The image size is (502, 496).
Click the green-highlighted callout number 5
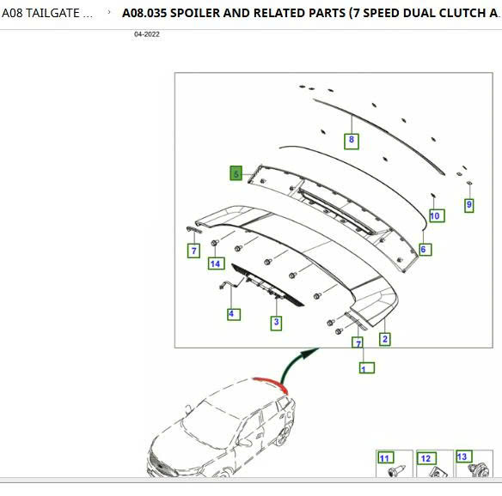[236, 173]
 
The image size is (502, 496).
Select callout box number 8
[352, 142]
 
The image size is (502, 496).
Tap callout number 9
[469, 205]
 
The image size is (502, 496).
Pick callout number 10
[437, 215]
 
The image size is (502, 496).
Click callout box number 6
[425, 250]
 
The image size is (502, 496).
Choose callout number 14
[216, 263]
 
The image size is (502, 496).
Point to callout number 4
[234, 314]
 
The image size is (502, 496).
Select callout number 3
[276, 323]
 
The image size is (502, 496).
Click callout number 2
[384, 340]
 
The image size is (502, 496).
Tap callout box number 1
[366, 368]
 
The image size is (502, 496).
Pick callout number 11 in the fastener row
[385, 458]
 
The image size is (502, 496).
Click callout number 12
[426, 458]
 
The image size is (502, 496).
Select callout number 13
[464, 457]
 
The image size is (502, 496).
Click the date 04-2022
[147, 34]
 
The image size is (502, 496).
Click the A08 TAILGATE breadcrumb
[47, 13]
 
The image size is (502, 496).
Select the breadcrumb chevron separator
[109, 13]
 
